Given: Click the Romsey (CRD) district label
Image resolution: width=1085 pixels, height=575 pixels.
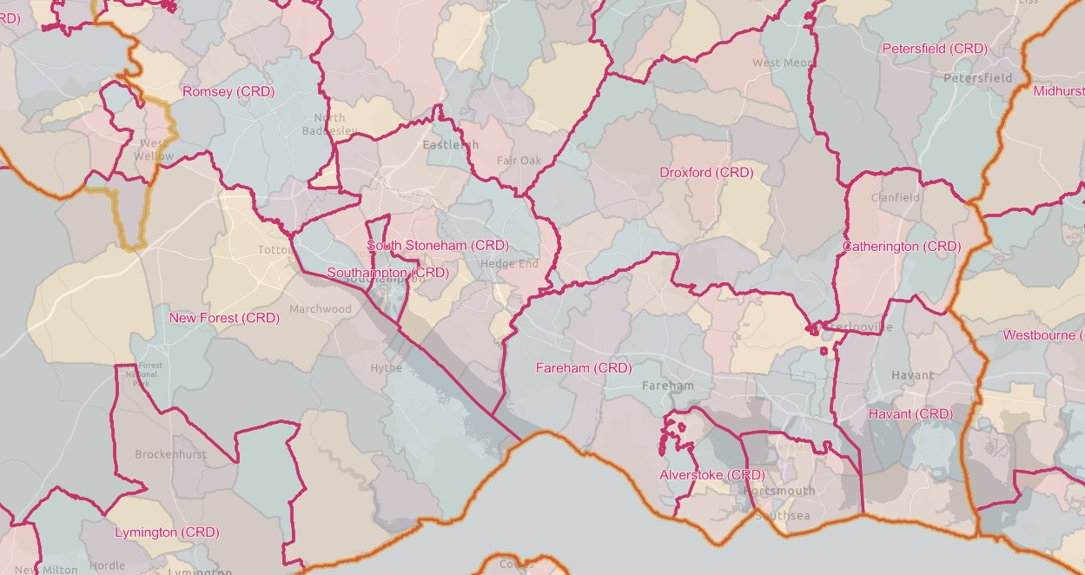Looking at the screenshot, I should pos(228,91).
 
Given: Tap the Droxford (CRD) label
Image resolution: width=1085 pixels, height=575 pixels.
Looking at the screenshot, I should pos(706,173).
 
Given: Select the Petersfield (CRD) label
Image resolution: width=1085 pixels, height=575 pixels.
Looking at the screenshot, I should pos(935,49).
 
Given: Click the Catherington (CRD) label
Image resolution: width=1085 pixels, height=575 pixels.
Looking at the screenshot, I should pos(902,247).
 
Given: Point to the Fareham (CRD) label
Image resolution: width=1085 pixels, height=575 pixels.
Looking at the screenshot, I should pos(584,368).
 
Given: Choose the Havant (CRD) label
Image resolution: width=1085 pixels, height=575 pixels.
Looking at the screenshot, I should pos(910,414).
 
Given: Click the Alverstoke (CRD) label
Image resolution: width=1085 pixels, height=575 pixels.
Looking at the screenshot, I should pos(712,475).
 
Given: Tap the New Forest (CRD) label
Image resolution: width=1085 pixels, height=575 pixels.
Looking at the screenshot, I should pos(224,318).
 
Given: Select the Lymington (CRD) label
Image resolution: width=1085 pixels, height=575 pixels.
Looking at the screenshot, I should pos(167,532).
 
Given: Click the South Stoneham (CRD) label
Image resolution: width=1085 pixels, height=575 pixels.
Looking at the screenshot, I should pos(438,246).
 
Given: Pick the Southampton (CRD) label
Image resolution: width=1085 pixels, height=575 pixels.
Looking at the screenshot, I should pos(387,273).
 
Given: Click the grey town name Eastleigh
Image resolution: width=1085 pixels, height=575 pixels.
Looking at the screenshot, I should pos(450,145).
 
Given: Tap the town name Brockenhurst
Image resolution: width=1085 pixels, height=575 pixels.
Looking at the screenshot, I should pos(170,454).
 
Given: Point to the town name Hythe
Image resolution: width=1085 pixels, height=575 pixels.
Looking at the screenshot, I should pos(387,367).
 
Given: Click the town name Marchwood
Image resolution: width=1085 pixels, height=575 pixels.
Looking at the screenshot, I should pos(321,309).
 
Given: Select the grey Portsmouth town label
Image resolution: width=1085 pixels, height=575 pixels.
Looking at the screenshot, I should pos(779,491).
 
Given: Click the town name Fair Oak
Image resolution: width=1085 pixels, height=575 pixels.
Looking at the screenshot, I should pos(519,161).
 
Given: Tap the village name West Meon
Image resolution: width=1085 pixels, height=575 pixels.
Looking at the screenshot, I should pos(784,63).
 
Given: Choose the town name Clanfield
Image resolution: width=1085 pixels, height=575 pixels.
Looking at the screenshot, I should pos(896,197).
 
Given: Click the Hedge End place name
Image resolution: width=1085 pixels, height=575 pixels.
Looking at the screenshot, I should pos(509,264).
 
